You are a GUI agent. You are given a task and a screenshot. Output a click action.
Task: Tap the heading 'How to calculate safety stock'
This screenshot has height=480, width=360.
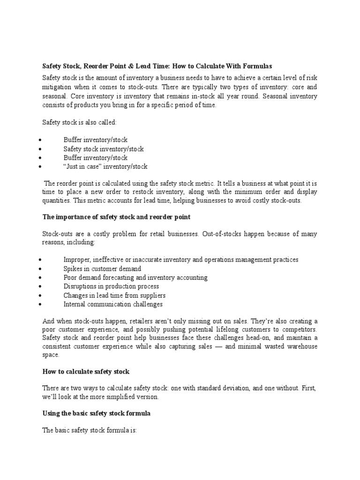point(86,371)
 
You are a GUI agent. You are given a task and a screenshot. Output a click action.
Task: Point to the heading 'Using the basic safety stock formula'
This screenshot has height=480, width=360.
point(96,413)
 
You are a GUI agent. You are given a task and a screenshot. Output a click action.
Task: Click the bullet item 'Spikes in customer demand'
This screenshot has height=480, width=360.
point(102,269)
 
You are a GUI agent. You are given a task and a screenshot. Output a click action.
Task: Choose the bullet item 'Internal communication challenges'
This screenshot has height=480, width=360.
point(113,304)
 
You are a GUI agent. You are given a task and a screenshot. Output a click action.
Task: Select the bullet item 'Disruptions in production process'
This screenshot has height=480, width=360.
point(111,286)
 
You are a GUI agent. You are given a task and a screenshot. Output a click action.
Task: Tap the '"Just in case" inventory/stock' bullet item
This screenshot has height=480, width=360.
point(105,166)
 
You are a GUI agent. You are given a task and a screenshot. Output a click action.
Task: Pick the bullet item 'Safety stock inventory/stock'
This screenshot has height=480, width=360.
point(104,149)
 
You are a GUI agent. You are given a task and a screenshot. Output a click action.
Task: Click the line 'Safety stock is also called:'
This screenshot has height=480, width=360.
point(79,122)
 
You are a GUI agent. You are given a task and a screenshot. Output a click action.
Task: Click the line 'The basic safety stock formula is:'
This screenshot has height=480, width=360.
point(90,429)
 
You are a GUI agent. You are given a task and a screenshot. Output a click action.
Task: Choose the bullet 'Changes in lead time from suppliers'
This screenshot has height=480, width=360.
point(114,295)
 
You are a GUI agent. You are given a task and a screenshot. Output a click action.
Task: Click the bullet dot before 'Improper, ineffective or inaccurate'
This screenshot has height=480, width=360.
point(42,260)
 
